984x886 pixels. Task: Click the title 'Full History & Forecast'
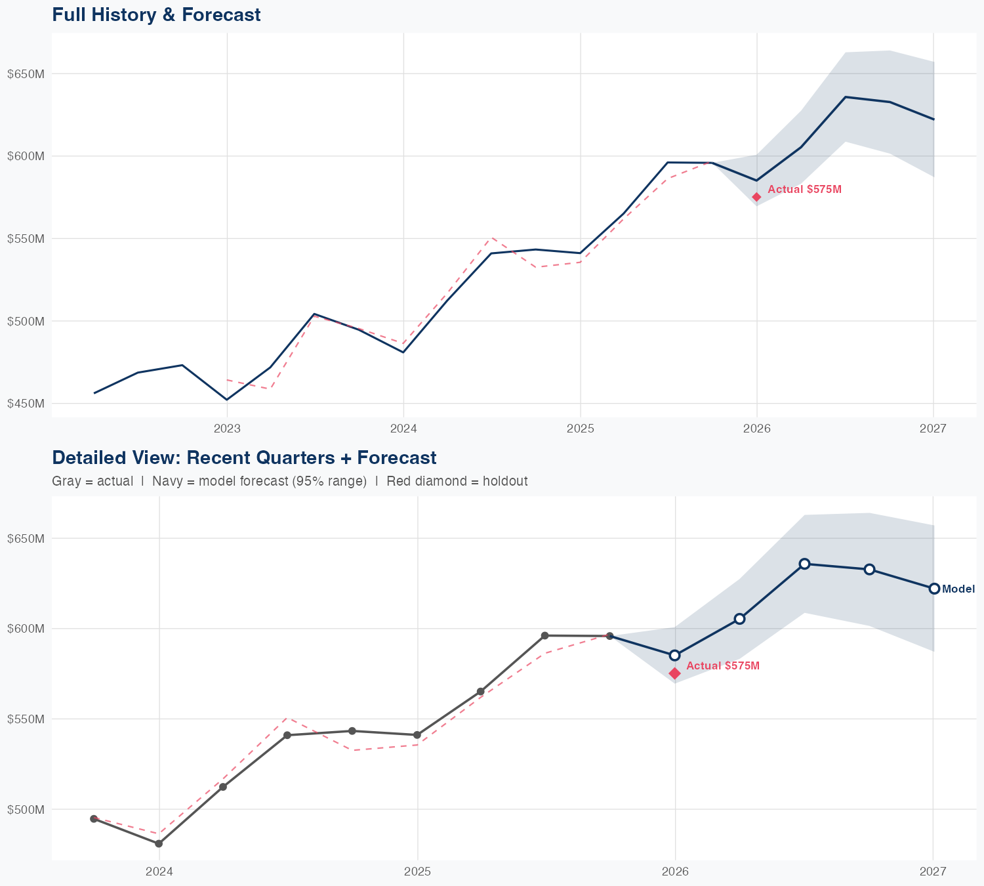tap(156, 15)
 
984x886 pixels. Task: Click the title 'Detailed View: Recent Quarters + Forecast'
tap(244, 457)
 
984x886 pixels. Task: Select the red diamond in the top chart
tap(756, 197)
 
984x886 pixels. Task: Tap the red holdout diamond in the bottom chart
tap(674, 673)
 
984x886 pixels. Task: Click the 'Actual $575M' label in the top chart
tap(804, 190)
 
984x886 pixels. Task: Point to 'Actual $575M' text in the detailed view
tap(723, 666)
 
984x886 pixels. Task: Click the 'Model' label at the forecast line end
tap(958, 589)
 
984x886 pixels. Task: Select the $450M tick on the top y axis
tap(26, 404)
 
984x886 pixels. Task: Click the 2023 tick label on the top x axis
tap(227, 429)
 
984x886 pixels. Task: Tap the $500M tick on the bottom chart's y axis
tap(26, 809)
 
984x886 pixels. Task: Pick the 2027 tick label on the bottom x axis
tap(933, 872)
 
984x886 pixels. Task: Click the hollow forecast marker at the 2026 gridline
tap(674, 655)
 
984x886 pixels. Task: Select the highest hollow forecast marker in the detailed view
tap(804, 564)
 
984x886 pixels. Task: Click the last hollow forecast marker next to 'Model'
tap(934, 589)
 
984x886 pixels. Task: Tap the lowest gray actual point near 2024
tap(159, 843)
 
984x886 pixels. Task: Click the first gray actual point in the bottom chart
tap(94, 818)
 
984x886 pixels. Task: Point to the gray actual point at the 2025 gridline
tap(417, 735)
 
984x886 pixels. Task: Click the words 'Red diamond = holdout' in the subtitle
tap(457, 482)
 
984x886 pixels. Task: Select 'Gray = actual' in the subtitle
tap(92, 482)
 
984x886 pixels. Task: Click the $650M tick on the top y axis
tap(26, 74)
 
